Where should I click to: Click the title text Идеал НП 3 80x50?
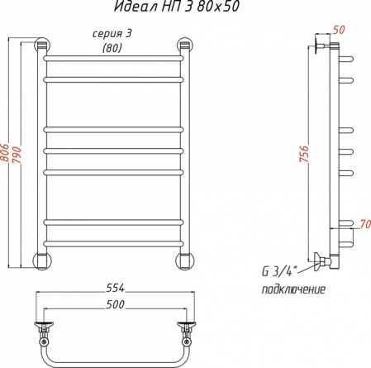(x=177, y=6)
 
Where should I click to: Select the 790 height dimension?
(x=17, y=154)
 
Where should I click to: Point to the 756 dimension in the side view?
(x=304, y=154)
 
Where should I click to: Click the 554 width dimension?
(x=116, y=288)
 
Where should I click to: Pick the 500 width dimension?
(x=116, y=304)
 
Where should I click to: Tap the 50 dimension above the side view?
(x=339, y=30)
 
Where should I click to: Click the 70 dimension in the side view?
(x=365, y=224)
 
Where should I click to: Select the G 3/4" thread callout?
(x=278, y=272)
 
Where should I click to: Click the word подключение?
(x=293, y=289)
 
